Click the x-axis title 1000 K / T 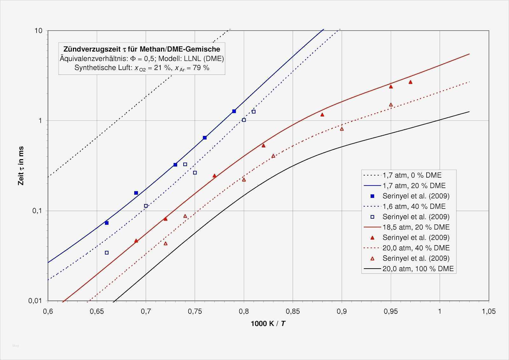coord(268,324)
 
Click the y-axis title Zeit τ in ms coord(21,166)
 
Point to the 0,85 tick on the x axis coord(293,311)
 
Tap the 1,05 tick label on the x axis coord(489,311)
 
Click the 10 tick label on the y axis coord(38,31)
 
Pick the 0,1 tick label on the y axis coord(37,211)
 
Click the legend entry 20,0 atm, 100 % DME coord(418,269)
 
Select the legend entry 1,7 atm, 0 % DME coord(412,175)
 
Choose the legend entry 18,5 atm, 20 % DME coord(416,227)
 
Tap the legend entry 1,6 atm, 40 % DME coord(414,206)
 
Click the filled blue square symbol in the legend coord(373,196)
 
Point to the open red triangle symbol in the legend coord(373,258)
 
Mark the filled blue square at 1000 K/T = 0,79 coord(234,111)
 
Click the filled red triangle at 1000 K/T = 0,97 coord(410,82)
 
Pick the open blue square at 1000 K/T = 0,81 coord(254,112)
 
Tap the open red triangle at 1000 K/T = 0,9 coord(342,129)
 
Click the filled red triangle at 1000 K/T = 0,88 coord(322,115)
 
